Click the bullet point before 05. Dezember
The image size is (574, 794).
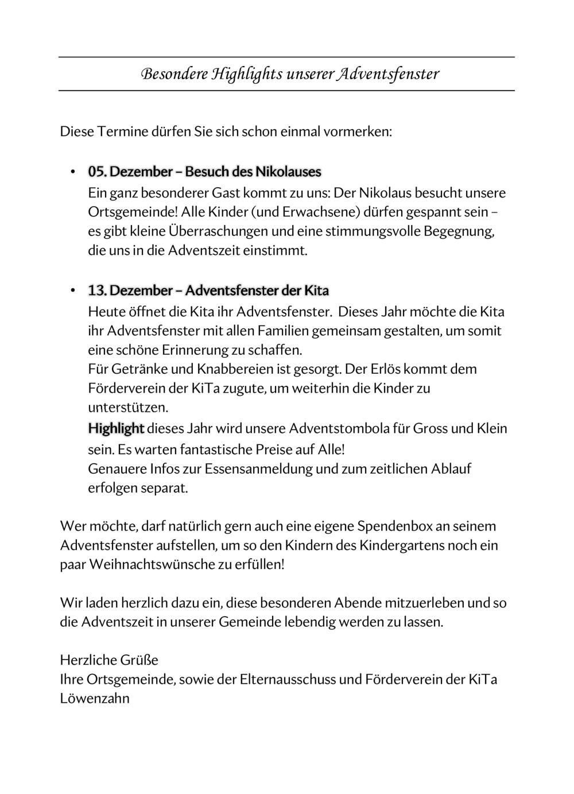click(x=73, y=172)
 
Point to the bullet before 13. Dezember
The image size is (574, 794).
click(x=73, y=291)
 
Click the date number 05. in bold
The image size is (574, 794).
click(x=97, y=172)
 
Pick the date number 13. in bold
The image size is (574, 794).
click(x=97, y=291)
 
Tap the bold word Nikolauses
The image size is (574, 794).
click(x=288, y=172)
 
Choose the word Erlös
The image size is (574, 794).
click(x=383, y=369)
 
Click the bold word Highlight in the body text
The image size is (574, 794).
click(x=116, y=428)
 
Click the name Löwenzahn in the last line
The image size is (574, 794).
click(x=95, y=699)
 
